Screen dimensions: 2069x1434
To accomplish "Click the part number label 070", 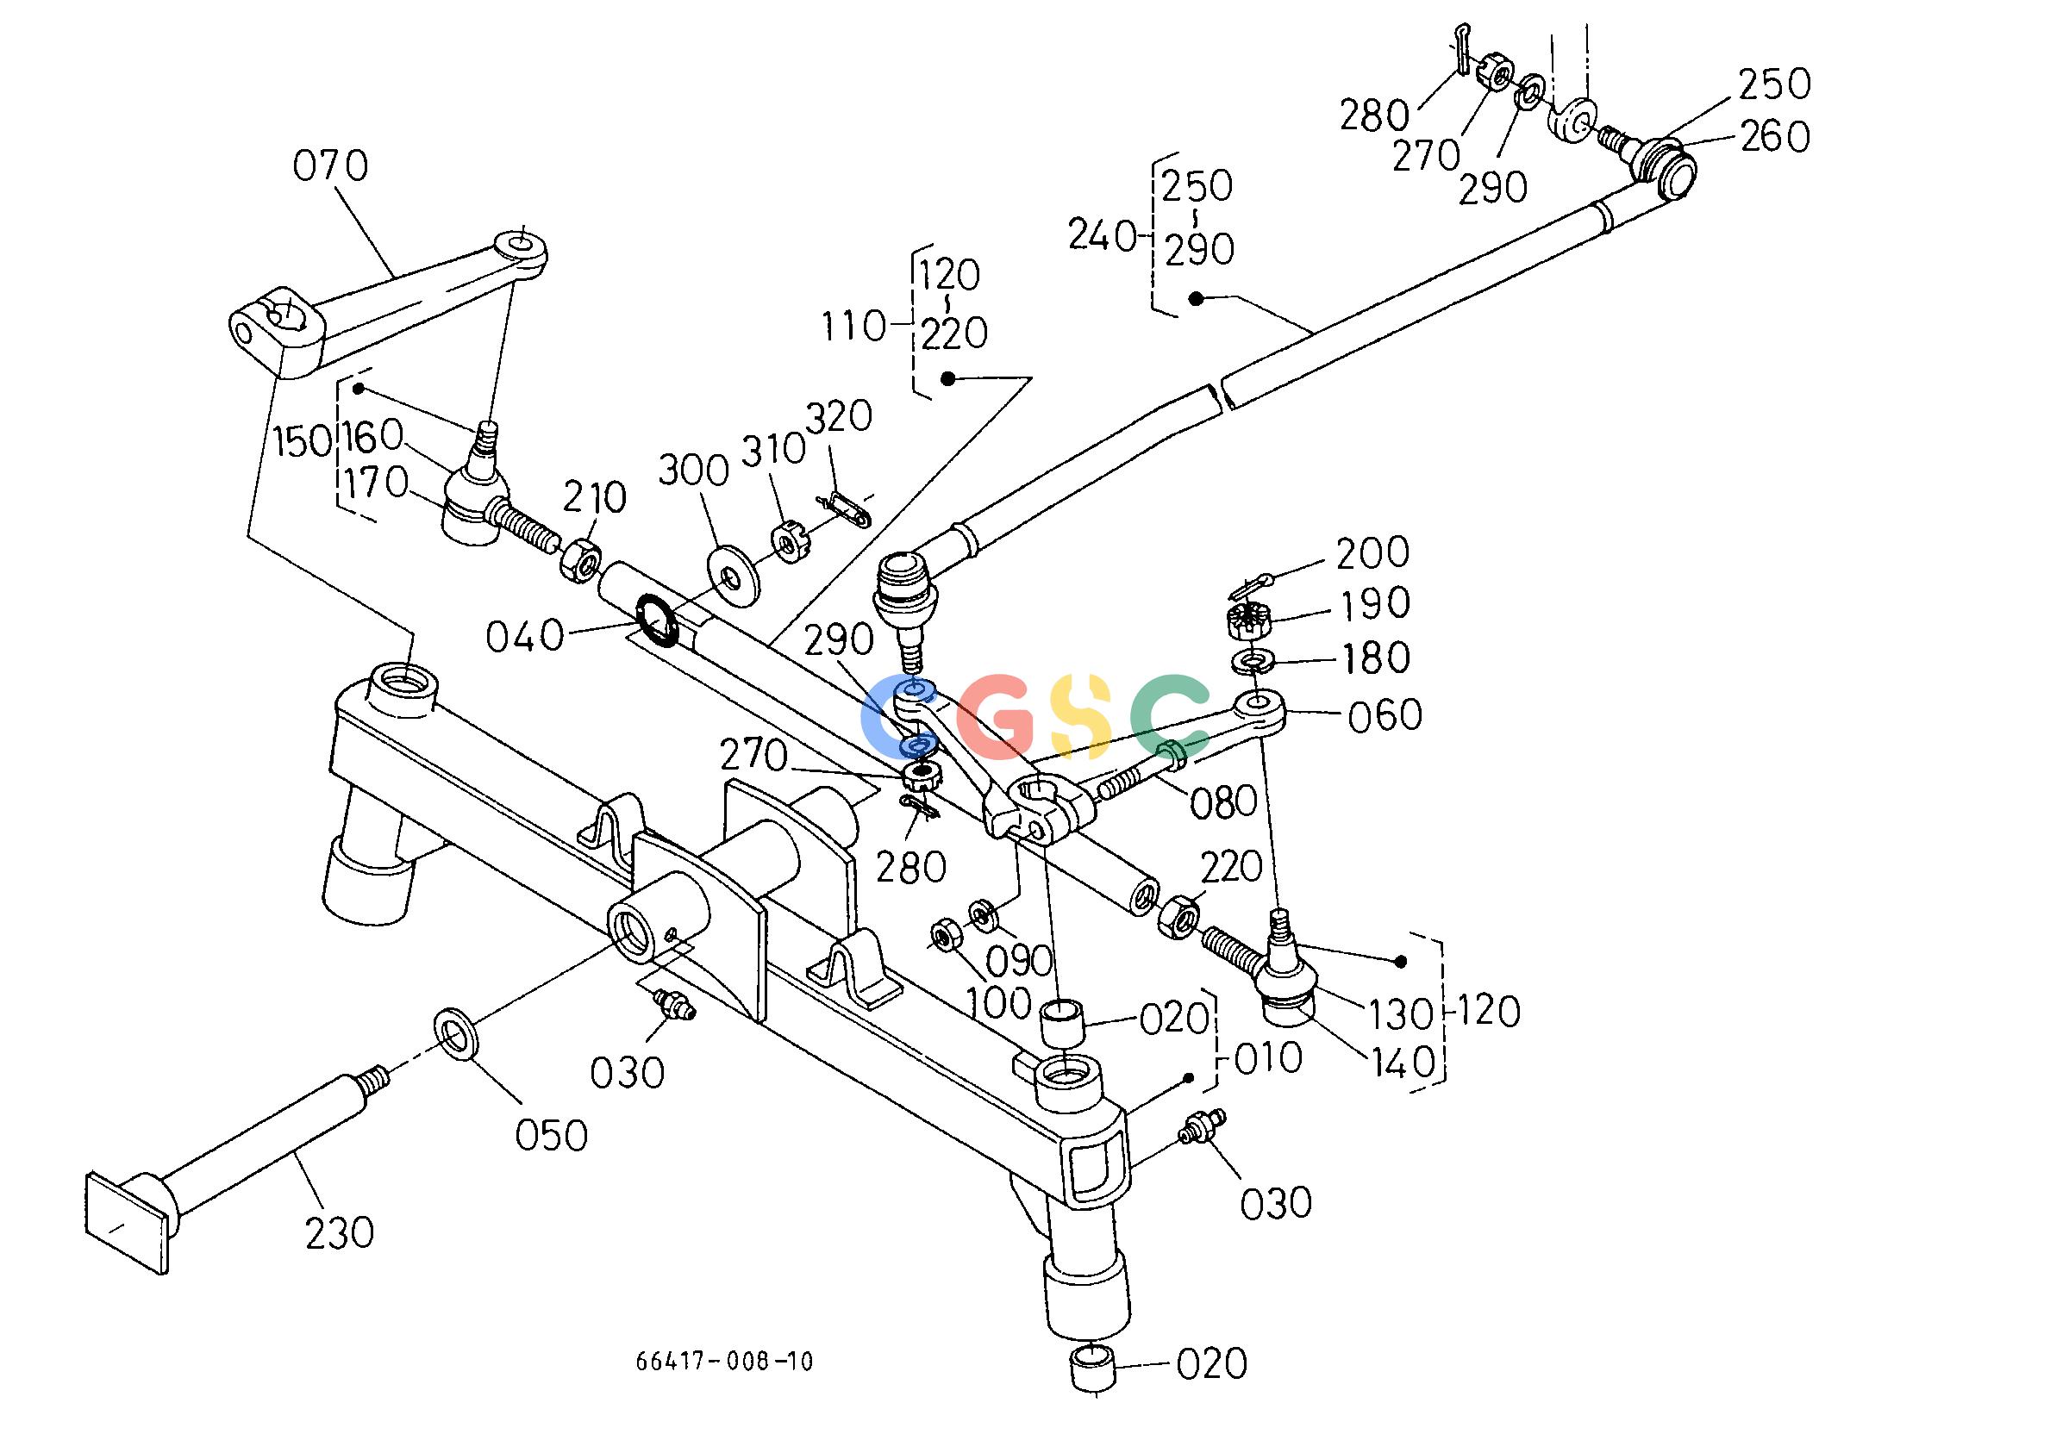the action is (x=331, y=166).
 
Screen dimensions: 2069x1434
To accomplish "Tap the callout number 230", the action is (x=339, y=1232).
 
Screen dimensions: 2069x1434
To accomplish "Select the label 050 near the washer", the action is (x=551, y=1136).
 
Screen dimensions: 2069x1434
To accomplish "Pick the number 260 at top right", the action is (x=1774, y=138).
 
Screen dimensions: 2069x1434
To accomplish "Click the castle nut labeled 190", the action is (x=1246, y=619).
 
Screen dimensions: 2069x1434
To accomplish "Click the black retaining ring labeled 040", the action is (x=660, y=619).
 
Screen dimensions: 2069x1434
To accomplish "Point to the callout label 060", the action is (x=1385, y=716).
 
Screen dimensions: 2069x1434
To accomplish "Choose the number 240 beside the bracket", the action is (x=1103, y=236).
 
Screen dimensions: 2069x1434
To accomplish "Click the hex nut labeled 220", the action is (x=1178, y=918).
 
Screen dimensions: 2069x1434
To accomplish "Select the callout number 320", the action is (x=839, y=416).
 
